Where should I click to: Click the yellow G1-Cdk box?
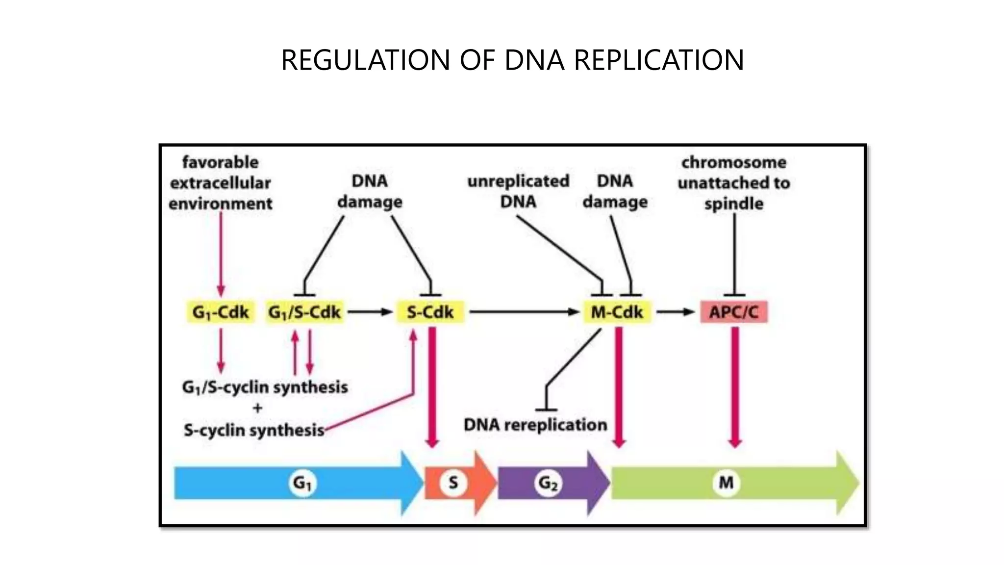221,312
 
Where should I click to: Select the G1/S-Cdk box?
304,312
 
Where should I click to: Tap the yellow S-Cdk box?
430,312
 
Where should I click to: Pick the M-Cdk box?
617,312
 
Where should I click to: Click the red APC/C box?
733,312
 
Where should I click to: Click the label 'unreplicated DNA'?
518,191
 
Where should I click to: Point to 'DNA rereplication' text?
535,425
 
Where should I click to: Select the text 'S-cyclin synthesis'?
254,431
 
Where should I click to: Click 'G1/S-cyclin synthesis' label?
265,387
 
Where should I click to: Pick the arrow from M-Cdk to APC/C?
676,312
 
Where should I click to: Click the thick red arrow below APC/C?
734,387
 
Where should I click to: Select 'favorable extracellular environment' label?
221,183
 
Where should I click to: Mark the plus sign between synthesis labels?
258,408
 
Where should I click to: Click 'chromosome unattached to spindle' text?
734,183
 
